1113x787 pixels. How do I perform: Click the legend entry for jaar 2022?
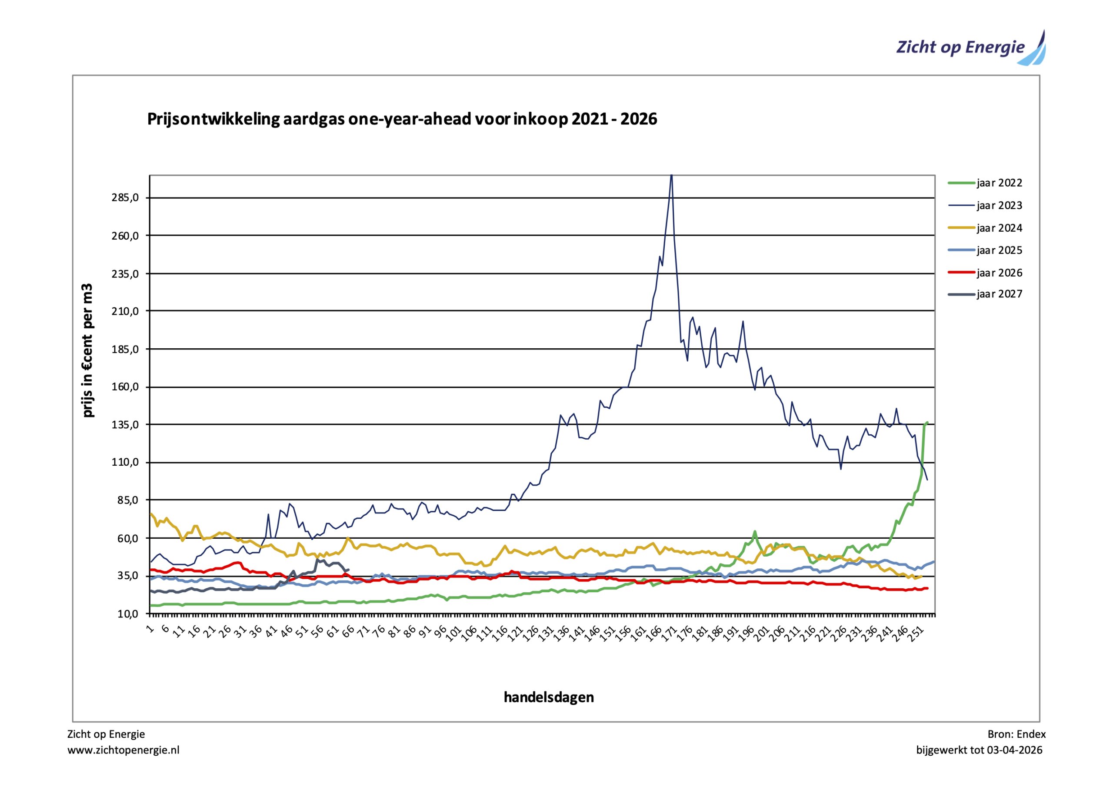999,183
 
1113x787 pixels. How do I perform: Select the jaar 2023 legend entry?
999,206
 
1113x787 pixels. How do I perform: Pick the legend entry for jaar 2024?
999,228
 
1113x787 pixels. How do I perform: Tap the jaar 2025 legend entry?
999,250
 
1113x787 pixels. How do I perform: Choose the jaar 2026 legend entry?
999,273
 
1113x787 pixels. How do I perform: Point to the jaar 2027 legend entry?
999,294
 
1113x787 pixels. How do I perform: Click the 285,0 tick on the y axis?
125,197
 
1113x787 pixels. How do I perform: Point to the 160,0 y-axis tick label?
125,387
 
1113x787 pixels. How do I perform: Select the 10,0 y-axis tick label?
128,614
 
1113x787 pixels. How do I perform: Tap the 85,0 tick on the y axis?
128,500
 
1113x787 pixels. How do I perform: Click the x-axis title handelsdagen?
549,697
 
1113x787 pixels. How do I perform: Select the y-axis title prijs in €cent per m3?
87,350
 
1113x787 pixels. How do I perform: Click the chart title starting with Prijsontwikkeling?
402,119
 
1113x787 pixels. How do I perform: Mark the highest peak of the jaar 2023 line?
671,176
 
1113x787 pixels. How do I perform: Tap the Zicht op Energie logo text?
960,47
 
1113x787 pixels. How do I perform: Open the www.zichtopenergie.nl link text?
123,750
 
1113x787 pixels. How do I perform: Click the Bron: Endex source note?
1016,734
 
